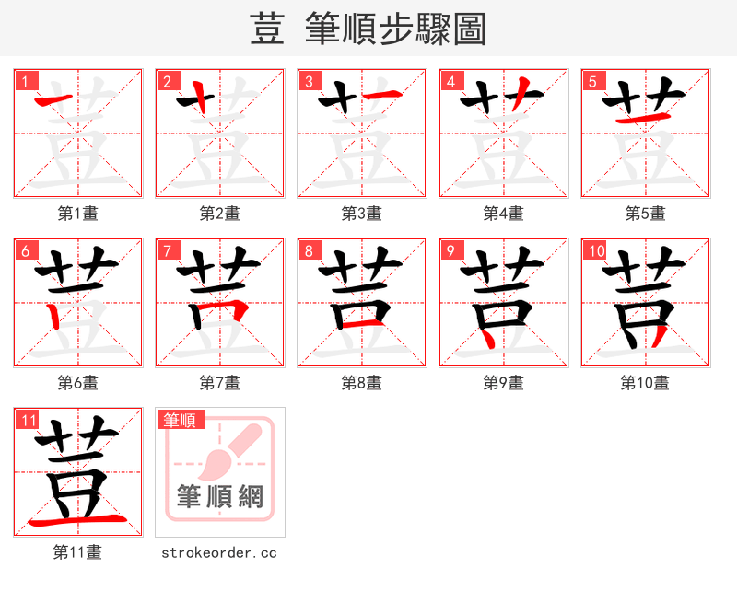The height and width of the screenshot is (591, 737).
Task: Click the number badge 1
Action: tap(25, 81)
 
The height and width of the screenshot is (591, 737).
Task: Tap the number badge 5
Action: tap(591, 81)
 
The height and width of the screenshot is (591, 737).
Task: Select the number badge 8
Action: tap(309, 250)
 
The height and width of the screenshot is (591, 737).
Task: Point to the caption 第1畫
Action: tap(78, 214)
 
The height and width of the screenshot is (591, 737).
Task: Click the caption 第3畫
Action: tap(361, 214)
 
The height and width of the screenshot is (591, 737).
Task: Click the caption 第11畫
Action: tap(78, 552)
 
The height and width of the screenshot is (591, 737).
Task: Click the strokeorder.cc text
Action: tap(219, 553)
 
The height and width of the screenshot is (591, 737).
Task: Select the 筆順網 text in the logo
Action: tap(220, 497)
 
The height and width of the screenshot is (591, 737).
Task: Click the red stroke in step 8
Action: tap(360, 323)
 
